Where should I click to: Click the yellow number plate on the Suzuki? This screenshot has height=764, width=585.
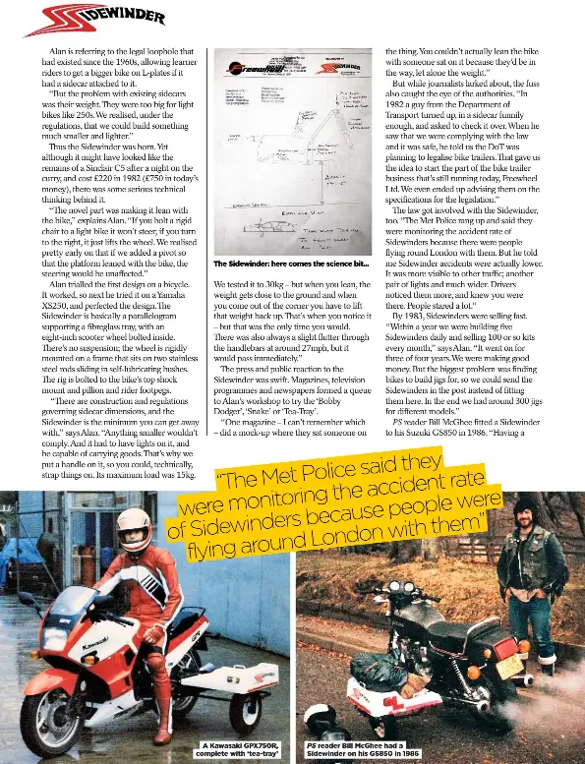[x=508, y=667]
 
